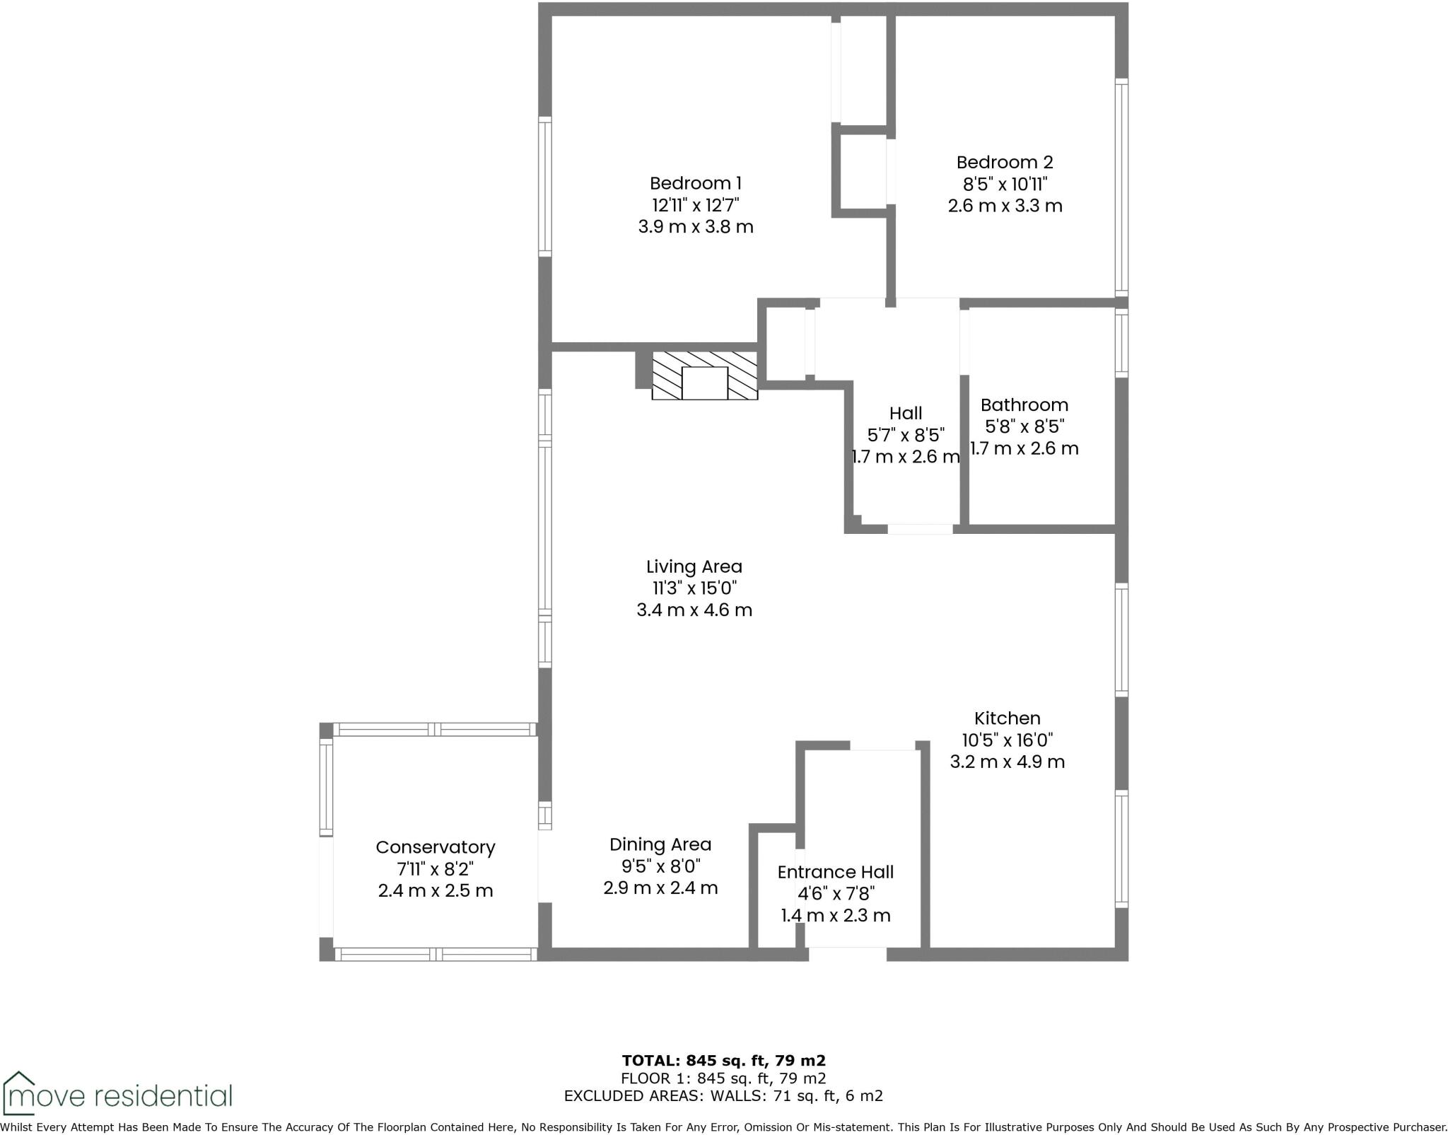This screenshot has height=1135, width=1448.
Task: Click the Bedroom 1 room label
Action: click(696, 184)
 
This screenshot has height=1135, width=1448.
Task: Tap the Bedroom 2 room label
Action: click(1005, 163)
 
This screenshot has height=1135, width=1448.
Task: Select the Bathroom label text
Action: click(1024, 405)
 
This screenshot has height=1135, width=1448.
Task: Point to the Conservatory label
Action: click(435, 847)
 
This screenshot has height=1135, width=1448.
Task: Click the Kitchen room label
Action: click(1007, 718)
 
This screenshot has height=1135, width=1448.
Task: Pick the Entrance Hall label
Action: click(835, 872)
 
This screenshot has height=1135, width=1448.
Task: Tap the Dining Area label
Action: click(660, 844)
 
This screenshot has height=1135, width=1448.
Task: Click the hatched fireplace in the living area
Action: click(704, 376)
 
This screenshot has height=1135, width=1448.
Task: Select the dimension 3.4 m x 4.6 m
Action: click(694, 610)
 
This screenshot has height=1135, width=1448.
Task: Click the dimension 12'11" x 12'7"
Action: click(696, 206)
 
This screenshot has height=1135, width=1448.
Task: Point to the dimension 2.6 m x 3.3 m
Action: click(1005, 206)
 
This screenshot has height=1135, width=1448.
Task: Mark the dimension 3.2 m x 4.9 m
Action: click(1007, 762)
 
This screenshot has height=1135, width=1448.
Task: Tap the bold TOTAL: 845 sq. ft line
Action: click(723, 1061)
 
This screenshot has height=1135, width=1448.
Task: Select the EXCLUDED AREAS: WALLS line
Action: click(723, 1096)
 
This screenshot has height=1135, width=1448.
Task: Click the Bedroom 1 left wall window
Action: click(544, 187)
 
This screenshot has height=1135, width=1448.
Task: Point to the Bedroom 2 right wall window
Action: click(1121, 187)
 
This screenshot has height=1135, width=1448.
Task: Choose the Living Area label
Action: click(694, 567)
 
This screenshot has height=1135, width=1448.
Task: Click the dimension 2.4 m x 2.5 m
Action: click(435, 891)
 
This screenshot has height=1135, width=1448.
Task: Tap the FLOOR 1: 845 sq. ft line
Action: click(723, 1078)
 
